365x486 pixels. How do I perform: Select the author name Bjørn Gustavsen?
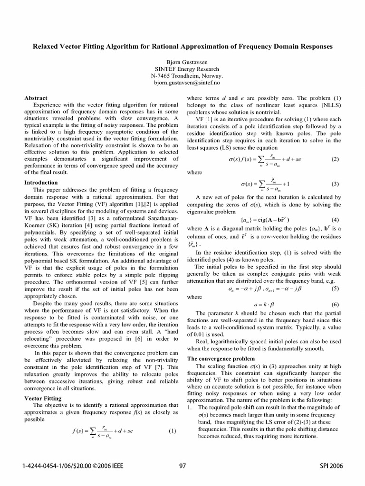pyautogui.click(x=182, y=62)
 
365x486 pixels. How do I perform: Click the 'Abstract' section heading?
pyautogui.click(x=36, y=98)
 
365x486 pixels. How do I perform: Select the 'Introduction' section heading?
pyautogui.click(x=42, y=182)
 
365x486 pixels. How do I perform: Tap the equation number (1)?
pyautogui.click(x=173, y=431)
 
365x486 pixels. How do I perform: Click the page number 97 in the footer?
pyautogui.click(x=182, y=466)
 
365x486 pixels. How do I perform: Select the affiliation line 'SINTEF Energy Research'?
pyautogui.click(x=182, y=68)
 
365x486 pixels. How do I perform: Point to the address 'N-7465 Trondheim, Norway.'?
pyautogui.click(x=182, y=75)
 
